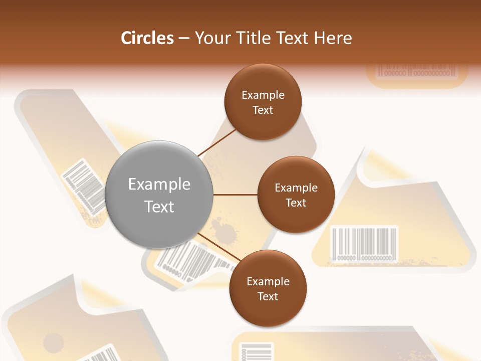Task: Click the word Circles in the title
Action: click(x=147, y=38)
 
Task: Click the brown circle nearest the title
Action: click(x=263, y=102)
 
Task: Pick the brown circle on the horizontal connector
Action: click(x=296, y=195)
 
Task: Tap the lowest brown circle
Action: click(x=268, y=288)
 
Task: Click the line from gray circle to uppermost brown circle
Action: click(x=217, y=142)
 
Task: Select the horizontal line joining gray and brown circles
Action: click(x=235, y=195)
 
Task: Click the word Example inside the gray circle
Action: click(x=159, y=184)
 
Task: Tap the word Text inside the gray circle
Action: click(x=159, y=206)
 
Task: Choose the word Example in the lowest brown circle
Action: click(x=268, y=281)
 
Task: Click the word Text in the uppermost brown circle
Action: click(x=263, y=110)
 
